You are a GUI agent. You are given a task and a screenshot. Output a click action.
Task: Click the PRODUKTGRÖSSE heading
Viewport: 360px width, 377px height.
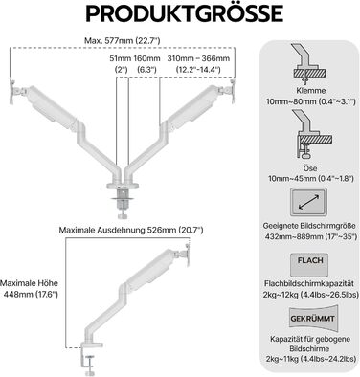184,13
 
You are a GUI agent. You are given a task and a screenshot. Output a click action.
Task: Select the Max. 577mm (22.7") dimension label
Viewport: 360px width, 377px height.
122,41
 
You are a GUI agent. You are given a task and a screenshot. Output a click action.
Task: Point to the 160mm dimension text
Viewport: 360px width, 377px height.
146,58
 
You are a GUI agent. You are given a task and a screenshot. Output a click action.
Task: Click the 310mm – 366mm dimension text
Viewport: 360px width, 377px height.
198,58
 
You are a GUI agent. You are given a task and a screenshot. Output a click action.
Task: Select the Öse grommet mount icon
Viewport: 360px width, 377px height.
311,134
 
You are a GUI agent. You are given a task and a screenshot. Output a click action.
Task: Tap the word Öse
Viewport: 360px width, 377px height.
309,167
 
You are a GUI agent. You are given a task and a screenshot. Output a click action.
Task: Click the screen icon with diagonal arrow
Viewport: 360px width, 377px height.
309,202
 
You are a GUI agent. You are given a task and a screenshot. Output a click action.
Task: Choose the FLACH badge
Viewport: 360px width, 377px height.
309,265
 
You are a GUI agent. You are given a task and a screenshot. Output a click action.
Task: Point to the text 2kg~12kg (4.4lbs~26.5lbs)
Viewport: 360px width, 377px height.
311,295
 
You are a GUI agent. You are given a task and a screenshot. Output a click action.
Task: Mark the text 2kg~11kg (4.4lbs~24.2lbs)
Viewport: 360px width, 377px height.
311,359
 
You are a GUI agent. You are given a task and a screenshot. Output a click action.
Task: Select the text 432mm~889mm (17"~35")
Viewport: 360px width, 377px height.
309,237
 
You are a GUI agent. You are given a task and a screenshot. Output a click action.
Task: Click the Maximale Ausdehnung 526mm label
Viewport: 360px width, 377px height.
131,230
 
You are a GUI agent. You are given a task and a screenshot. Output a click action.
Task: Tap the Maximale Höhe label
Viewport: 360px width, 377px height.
29,283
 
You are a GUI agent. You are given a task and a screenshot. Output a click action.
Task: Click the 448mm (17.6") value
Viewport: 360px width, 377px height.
31,295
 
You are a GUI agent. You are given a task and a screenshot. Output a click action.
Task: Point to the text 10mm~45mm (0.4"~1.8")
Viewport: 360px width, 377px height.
311,179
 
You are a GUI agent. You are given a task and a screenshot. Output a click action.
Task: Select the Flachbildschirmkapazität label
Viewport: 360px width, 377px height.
309,283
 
